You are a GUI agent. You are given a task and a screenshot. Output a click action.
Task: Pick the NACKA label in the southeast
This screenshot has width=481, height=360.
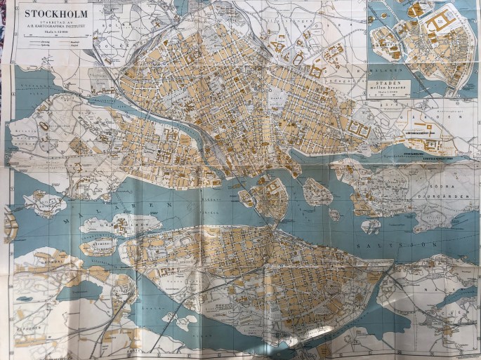click(450, 302)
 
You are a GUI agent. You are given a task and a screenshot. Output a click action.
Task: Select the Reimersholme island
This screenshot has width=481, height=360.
click(98, 246)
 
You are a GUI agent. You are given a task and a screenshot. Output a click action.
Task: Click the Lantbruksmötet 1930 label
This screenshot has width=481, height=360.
click(421, 132)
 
